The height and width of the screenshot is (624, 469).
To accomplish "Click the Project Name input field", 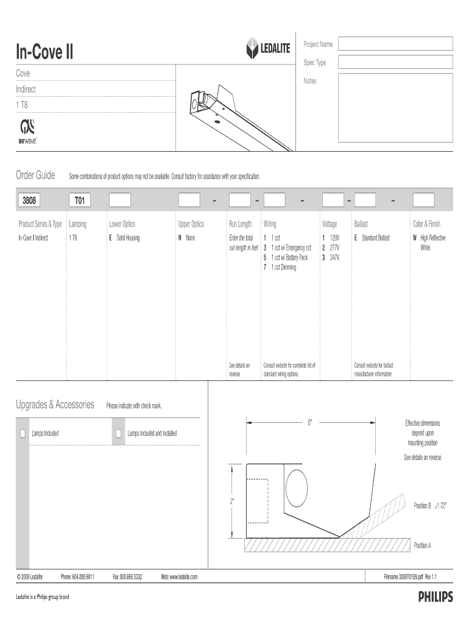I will click(x=395, y=43).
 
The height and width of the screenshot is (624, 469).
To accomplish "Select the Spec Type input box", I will click(x=395, y=62).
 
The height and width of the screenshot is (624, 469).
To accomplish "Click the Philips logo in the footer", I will click(x=435, y=598).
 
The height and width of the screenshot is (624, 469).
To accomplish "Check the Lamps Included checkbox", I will click(x=23, y=434).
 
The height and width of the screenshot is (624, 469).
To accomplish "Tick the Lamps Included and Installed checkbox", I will click(x=119, y=434).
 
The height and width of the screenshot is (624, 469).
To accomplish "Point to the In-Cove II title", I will click(x=44, y=53).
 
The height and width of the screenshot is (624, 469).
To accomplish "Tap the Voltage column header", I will click(x=330, y=224).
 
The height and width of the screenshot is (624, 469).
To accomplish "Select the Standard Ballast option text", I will click(x=375, y=238).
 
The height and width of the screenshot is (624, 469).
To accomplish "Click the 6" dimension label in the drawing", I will click(x=309, y=422).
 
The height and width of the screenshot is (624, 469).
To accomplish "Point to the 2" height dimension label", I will click(x=232, y=502).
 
